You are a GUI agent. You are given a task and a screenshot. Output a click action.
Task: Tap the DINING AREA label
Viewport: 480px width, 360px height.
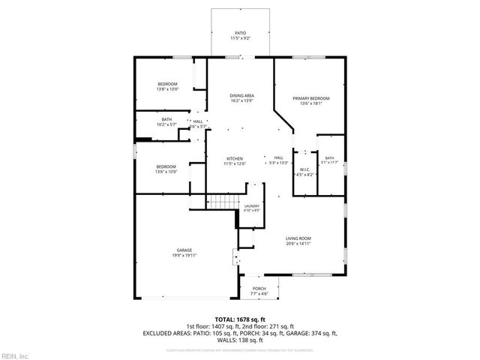pyautogui.click(x=241, y=97)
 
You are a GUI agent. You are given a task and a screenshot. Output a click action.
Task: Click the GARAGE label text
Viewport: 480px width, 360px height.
pyautogui.click(x=184, y=250)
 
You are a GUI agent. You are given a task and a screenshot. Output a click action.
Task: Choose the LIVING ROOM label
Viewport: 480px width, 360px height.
pyautogui.click(x=298, y=239)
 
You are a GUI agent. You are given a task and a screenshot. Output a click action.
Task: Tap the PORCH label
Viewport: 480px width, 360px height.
pyautogui.click(x=259, y=289)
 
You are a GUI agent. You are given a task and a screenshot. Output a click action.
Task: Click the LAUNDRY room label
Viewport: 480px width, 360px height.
pyautogui.click(x=252, y=207)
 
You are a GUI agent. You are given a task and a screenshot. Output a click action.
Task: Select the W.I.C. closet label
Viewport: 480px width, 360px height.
pyautogui.click(x=304, y=171)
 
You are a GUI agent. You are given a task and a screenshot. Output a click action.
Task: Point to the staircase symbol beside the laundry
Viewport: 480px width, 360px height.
pyautogui.click(x=222, y=203)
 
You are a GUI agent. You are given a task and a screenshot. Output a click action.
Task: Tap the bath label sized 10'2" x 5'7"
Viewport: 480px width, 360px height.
pyautogui.click(x=166, y=121)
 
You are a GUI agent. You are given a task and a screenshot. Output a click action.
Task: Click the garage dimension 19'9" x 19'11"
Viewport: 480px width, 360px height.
pyautogui.click(x=184, y=255)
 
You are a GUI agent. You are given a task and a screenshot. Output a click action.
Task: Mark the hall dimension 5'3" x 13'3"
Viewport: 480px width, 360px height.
pyautogui.click(x=278, y=163)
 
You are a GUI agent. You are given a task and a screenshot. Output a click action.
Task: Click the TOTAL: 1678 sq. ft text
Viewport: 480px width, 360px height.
pyautogui.click(x=240, y=319)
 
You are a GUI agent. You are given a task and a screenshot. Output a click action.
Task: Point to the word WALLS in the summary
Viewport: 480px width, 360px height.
pyautogui.click(x=227, y=340)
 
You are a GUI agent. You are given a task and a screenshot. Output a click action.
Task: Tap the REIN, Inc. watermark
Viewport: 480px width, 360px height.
pyautogui.click(x=15, y=355)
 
